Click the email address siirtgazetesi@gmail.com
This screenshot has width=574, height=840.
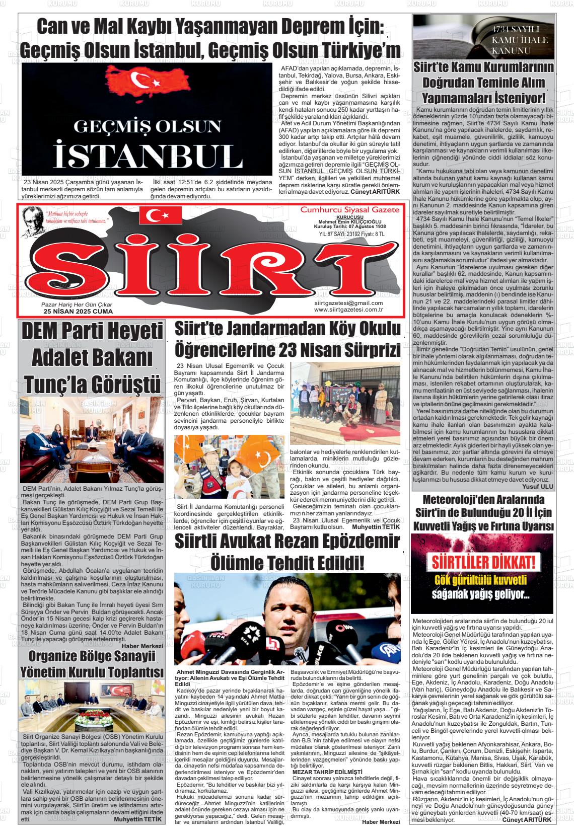point(348,302)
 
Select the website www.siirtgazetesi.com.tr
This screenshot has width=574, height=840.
point(348,310)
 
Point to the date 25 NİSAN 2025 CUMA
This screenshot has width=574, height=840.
point(78,312)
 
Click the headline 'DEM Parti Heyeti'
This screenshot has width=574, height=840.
point(93,333)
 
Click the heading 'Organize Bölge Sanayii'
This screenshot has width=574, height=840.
point(92,656)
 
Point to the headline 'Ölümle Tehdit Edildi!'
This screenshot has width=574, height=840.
point(287,560)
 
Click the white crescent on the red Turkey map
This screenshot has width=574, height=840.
point(137,78)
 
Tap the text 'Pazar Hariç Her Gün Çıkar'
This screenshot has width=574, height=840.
point(77,305)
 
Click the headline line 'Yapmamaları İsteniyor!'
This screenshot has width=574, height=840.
point(483,97)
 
